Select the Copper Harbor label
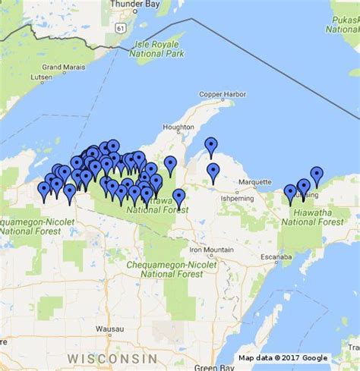point(223,94)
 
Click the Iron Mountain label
point(212,250)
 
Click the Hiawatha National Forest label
point(312,217)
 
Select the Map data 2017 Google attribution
point(283,358)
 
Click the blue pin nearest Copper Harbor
point(211,146)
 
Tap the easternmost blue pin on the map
point(317,175)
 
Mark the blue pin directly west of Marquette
point(213,172)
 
